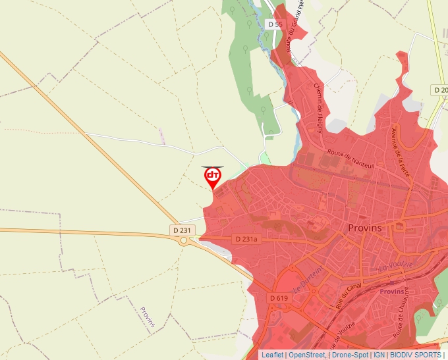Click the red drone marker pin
tap(213, 176)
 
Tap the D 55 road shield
tap(275, 24)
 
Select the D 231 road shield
tap(183, 230)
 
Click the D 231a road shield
tap(247, 240)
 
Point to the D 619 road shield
tap(279, 298)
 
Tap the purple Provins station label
tap(393, 291)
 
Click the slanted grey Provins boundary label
tap(148, 317)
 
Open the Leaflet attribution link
tap(273, 355)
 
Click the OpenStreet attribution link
tap(308, 355)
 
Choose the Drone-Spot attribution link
tap(350, 355)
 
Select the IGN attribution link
tap(379, 355)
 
